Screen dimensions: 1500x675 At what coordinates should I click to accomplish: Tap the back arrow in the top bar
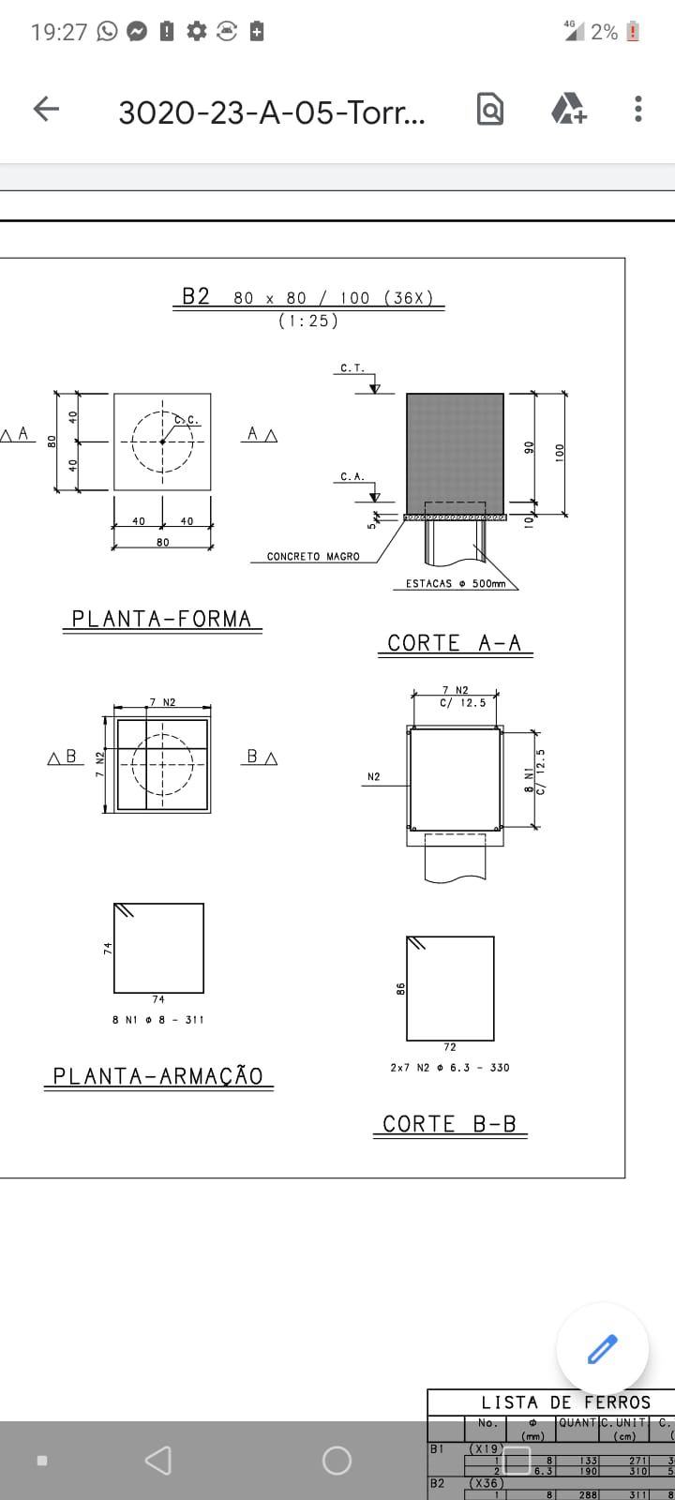pos(46,110)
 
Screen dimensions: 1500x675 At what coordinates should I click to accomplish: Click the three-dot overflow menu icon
pos(637,110)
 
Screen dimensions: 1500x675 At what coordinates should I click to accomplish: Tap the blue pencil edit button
pos(602,1349)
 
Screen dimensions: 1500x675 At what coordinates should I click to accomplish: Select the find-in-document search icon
pos(489,110)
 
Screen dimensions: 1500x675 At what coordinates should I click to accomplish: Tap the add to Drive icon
pos(568,110)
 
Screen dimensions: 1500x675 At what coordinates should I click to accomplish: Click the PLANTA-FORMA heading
pos(162,620)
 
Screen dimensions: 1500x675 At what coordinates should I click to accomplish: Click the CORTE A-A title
pos(455,643)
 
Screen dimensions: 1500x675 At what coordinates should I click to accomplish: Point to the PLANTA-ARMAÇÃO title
pos(157,1076)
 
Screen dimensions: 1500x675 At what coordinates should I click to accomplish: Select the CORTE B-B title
pos(450,1124)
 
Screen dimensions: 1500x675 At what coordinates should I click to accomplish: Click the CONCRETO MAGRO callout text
pos(313,557)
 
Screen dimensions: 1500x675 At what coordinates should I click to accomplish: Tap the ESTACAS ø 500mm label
pos(455,584)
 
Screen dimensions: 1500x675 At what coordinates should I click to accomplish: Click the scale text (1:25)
pos(308,321)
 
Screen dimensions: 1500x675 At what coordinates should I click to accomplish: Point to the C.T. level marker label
pos(352,368)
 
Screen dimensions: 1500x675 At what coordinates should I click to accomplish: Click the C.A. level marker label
pos(352,477)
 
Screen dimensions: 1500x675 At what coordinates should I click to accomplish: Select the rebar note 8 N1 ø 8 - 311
pos(157,1019)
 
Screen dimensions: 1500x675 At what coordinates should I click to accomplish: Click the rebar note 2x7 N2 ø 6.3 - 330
pos(450,1068)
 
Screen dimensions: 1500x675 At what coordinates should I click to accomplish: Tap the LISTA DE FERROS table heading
pos(565,1402)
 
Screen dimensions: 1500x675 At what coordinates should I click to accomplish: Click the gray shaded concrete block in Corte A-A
pos(455,452)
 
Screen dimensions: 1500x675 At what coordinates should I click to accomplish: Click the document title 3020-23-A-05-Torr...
pos(272,112)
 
